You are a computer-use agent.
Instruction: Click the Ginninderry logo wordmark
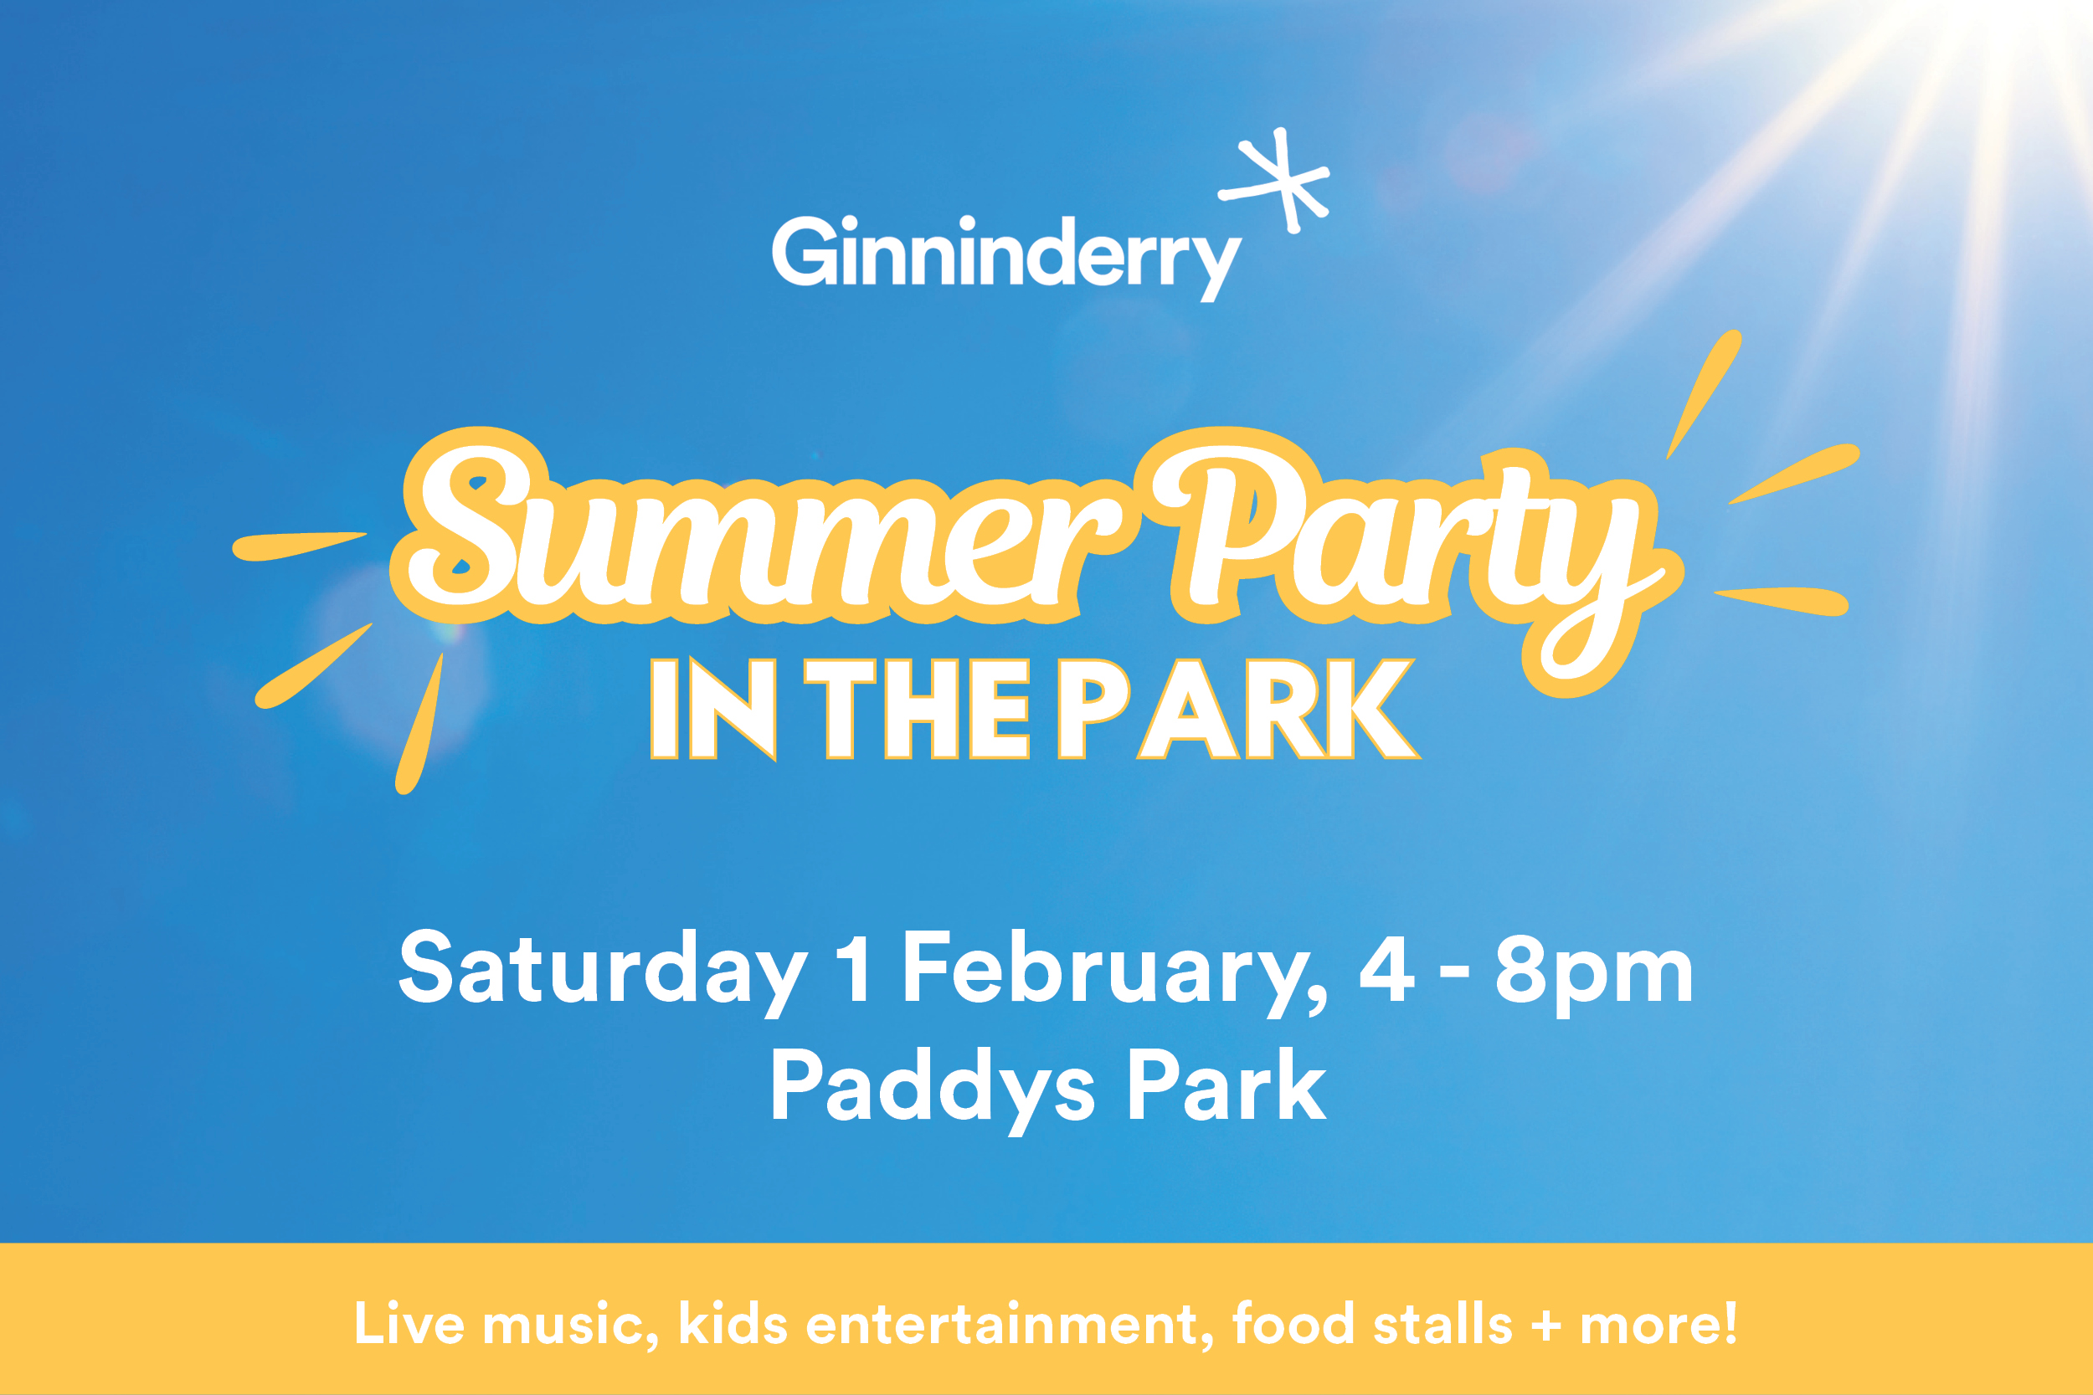[x=1006, y=258]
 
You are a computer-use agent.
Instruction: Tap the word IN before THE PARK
[x=712, y=709]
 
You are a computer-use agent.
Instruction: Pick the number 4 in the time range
[x=1386, y=967]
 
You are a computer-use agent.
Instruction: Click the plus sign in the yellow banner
[x=1546, y=1325]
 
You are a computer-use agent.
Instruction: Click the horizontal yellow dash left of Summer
[x=298, y=546]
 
